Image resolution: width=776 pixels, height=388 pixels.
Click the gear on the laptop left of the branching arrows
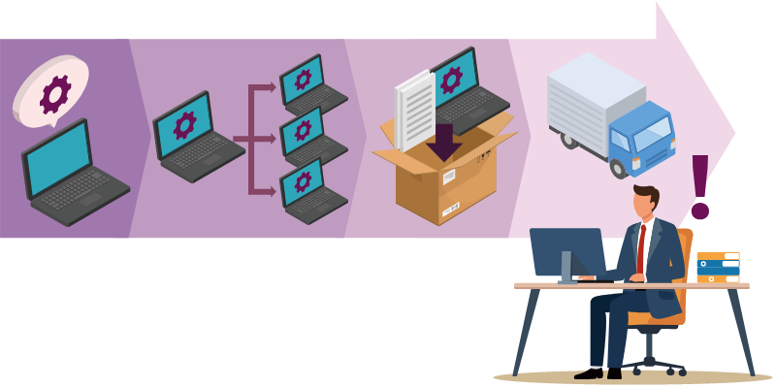point(184,124)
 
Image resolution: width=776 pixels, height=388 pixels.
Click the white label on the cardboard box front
point(449,178)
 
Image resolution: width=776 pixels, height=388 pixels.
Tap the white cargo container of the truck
point(592,97)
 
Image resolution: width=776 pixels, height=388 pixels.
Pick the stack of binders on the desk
point(718,267)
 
